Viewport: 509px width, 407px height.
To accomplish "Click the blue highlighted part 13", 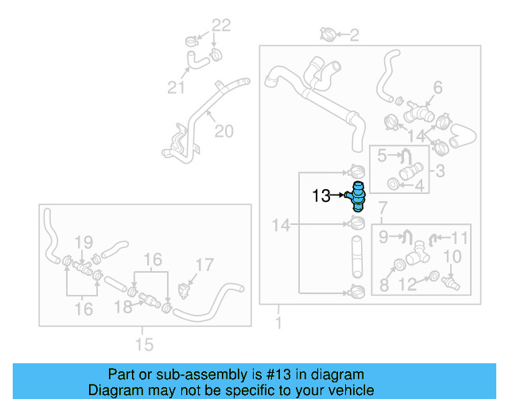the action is (x=356, y=196).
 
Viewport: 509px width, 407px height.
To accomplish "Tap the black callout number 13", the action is (x=321, y=196).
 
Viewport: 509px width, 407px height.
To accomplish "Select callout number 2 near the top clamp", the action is (x=354, y=35).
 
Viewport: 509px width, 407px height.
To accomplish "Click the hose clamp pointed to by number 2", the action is (x=327, y=33).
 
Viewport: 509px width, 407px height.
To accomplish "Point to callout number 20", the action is (x=224, y=131).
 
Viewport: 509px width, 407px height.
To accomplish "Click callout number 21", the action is (x=176, y=87).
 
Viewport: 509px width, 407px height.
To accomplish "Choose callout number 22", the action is (x=221, y=25).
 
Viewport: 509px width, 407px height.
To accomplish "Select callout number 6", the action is (x=438, y=87).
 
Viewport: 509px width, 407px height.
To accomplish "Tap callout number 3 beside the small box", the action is (x=440, y=171).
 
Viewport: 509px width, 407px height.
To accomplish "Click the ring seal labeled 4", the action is (x=394, y=184).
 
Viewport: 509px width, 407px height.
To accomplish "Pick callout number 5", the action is (x=382, y=156).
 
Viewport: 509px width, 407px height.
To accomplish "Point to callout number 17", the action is (x=204, y=265).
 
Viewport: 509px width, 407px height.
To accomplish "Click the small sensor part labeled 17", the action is (x=184, y=290).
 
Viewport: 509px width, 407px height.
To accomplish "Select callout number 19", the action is (x=84, y=242).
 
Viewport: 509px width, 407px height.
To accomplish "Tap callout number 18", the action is (x=123, y=307).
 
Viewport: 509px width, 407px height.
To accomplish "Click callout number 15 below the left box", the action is (x=144, y=344).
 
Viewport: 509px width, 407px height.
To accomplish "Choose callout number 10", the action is (x=453, y=257).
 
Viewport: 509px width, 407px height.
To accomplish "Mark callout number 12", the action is (x=407, y=285).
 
